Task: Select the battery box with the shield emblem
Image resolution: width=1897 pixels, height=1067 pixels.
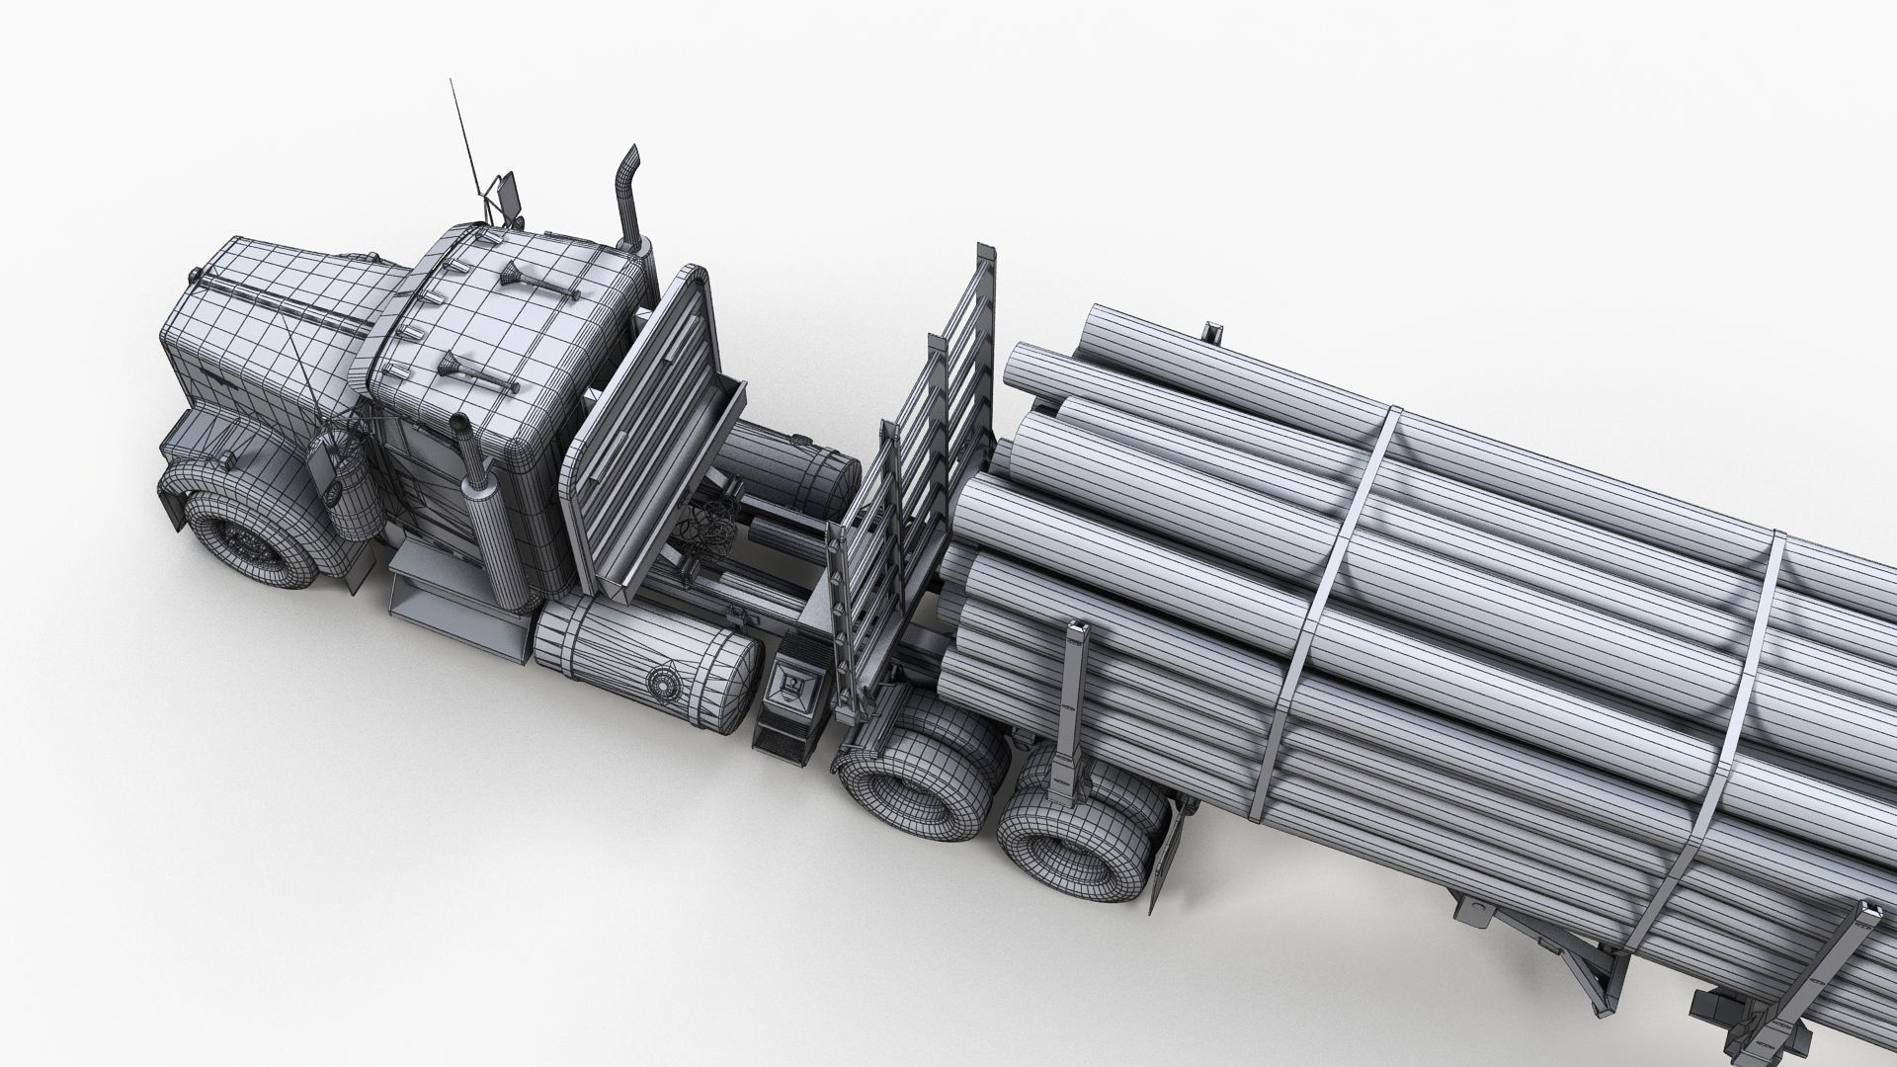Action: coord(789,692)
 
